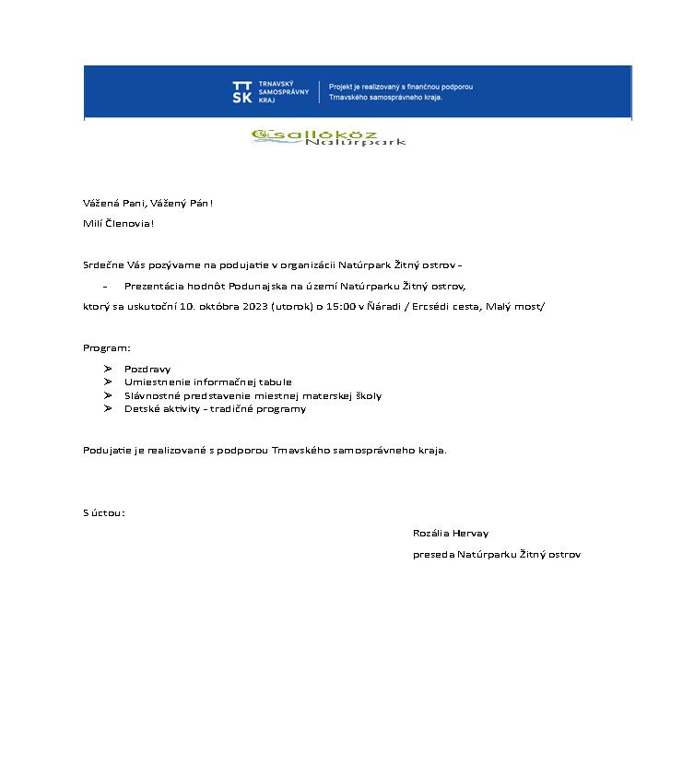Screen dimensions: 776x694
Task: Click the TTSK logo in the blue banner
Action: [x=241, y=91]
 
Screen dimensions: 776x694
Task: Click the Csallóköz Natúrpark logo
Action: [x=328, y=137]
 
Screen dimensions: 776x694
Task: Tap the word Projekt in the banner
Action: [x=342, y=87]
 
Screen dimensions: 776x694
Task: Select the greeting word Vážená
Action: [x=100, y=203]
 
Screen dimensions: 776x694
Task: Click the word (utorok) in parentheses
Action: [x=292, y=306]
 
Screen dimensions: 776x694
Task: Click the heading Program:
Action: [x=107, y=347]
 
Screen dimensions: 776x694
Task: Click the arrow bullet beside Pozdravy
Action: [x=109, y=369]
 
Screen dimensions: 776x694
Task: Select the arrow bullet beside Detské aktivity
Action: [x=109, y=408]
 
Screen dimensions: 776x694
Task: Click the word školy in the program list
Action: [x=366, y=395]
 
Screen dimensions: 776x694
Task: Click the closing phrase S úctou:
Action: [x=103, y=512]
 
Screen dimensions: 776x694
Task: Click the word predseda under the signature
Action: [x=433, y=555]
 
